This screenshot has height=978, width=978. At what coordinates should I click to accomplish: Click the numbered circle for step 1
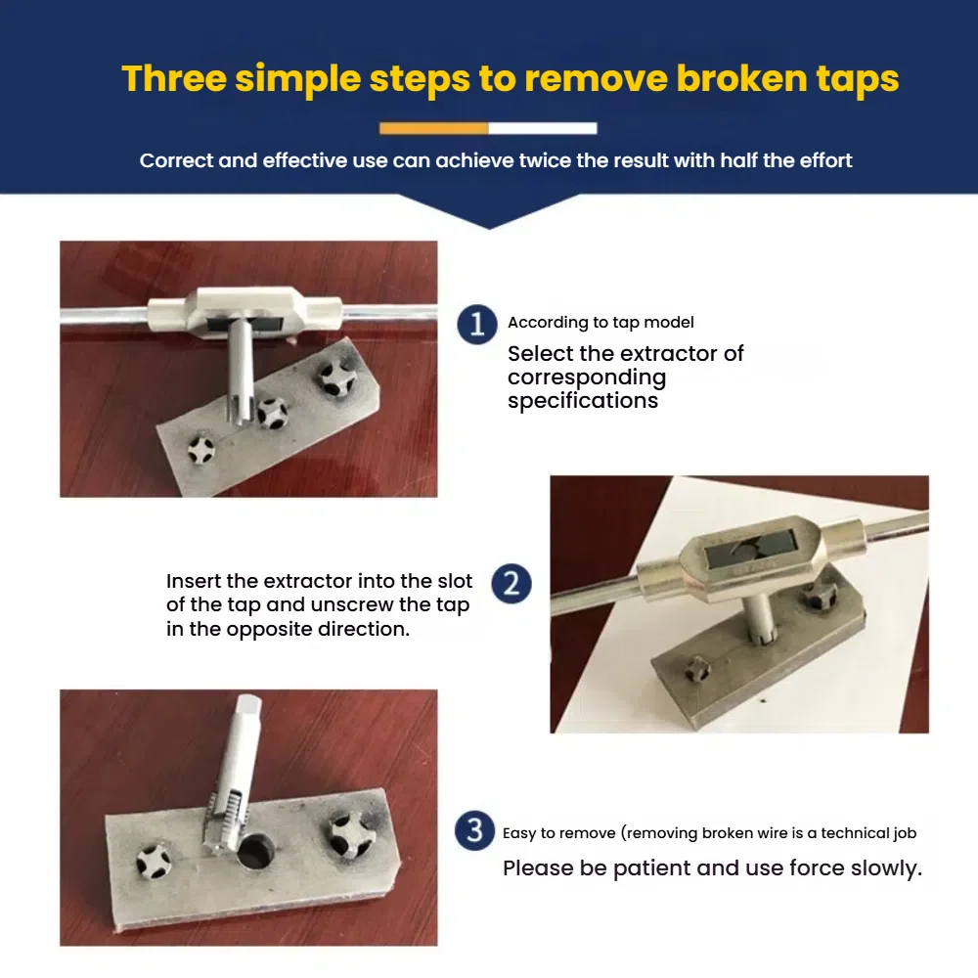click(477, 325)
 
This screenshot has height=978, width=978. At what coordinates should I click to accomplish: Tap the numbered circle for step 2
click(511, 584)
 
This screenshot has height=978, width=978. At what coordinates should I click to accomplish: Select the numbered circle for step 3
click(474, 830)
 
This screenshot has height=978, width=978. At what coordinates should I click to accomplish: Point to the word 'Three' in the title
click(174, 78)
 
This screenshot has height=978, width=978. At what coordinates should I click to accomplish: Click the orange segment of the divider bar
click(433, 128)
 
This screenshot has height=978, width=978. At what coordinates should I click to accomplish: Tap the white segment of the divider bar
click(543, 128)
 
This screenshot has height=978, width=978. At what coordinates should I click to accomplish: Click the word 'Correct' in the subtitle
click(176, 160)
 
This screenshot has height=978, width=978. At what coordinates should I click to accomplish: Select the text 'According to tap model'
click(600, 323)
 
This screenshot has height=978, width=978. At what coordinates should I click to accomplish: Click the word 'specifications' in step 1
click(583, 400)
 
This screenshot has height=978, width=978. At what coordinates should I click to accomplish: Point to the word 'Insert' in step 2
click(194, 581)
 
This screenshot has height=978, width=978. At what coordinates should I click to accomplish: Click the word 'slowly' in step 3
click(886, 868)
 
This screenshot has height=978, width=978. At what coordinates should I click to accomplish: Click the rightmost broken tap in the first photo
click(336, 376)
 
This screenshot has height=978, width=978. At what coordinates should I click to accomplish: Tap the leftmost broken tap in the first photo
click(200, 449)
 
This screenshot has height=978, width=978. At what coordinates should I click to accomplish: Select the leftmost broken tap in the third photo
click(154, 862)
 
